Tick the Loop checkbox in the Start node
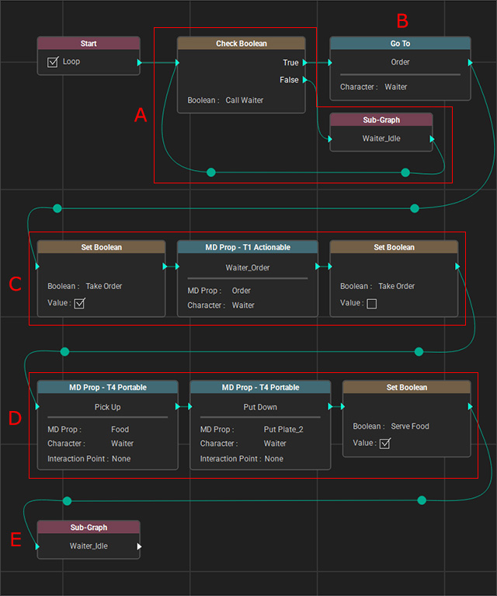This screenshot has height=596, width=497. (53, 61)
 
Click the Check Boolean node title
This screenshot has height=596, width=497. (242, 44)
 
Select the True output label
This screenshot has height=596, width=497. (290, 63)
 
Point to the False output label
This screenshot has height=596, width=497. (289, 80)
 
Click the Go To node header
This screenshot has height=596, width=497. (400, 44)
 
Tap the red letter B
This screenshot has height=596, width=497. (402, 21)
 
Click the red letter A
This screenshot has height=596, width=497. (141, 115)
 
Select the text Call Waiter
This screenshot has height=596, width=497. (245, 100)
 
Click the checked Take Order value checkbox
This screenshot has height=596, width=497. (79, 303)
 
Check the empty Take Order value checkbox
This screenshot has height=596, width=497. (372, 303)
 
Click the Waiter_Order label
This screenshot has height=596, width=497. (248, 267)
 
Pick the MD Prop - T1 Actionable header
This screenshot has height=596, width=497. (248, 247)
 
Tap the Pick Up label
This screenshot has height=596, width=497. (107, 407)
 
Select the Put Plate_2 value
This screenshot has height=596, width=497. (283, 429)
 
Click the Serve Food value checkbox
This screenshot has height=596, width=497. (385, 443)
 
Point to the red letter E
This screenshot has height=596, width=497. (16, 540)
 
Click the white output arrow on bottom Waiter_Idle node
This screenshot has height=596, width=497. (140, 546)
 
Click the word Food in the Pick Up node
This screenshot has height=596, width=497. (120, 429)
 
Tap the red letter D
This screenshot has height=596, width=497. (15, 418)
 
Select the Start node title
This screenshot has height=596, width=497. (89, 44)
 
